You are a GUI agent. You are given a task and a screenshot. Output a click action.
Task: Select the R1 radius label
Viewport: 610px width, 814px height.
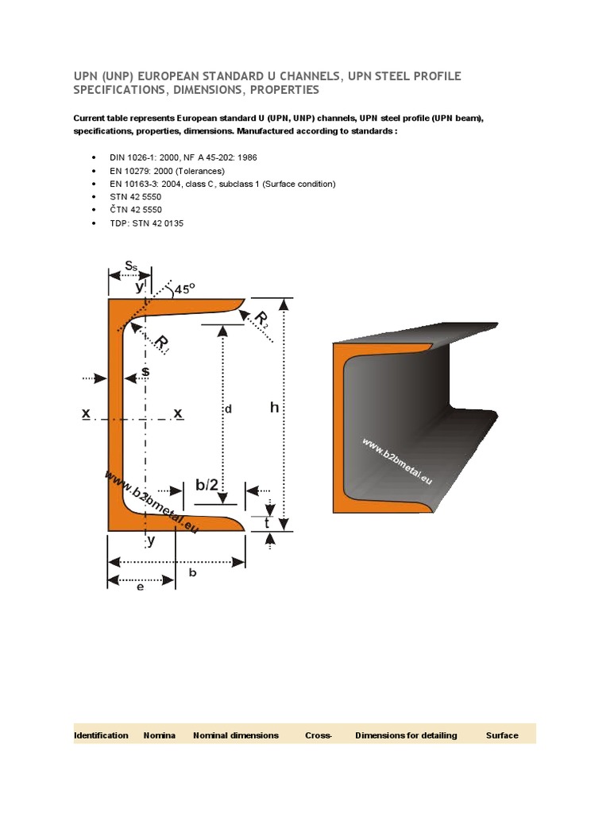pos(162,344)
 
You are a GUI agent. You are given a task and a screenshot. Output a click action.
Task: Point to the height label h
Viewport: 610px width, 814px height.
pos(275,408)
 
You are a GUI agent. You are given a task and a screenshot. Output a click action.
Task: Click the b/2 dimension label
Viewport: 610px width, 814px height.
pos(207,486)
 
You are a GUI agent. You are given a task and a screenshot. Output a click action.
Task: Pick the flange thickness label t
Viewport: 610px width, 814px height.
pos(268,524)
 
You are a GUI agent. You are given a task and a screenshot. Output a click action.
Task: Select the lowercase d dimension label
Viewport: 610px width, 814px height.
pos(227,409)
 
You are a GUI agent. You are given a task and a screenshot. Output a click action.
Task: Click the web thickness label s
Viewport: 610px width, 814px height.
pos(145,371)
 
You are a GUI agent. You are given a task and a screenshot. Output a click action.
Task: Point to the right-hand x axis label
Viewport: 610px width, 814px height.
pos(178,413)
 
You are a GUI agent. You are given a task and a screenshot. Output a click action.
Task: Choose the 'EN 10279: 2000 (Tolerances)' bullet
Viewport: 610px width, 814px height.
pos(167,171)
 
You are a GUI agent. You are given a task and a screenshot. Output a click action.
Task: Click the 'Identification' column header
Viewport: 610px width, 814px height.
pos(101,735)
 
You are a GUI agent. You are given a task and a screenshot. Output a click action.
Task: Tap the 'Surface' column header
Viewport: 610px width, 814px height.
pos(502,735)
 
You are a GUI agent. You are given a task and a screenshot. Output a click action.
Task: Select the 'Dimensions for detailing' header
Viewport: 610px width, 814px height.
pos(406,735)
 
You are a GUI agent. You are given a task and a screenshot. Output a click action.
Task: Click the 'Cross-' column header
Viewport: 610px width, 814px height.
pos(318,735)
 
